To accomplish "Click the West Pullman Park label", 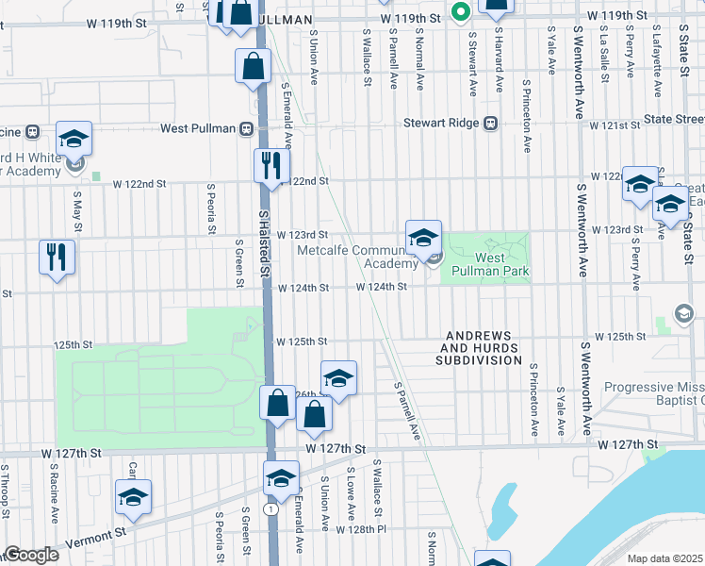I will click(x=500, y=264).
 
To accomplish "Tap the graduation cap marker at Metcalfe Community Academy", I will click(x=423, y=236).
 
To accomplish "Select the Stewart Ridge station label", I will click(x=442, y=123).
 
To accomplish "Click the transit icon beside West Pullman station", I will click(x=248, y=128).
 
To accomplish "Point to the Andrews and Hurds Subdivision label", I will click(x=478, y=347).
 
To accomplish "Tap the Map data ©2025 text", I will click(x=664, y=558).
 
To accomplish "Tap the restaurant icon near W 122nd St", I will click(x=271, y=165).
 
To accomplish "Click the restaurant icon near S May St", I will click(x=57, y=256).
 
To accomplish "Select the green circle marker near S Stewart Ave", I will click(x=460, y=12).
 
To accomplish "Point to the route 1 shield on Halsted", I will click(x=271, y=509).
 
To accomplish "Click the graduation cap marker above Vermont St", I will click(x=133, y=496).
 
